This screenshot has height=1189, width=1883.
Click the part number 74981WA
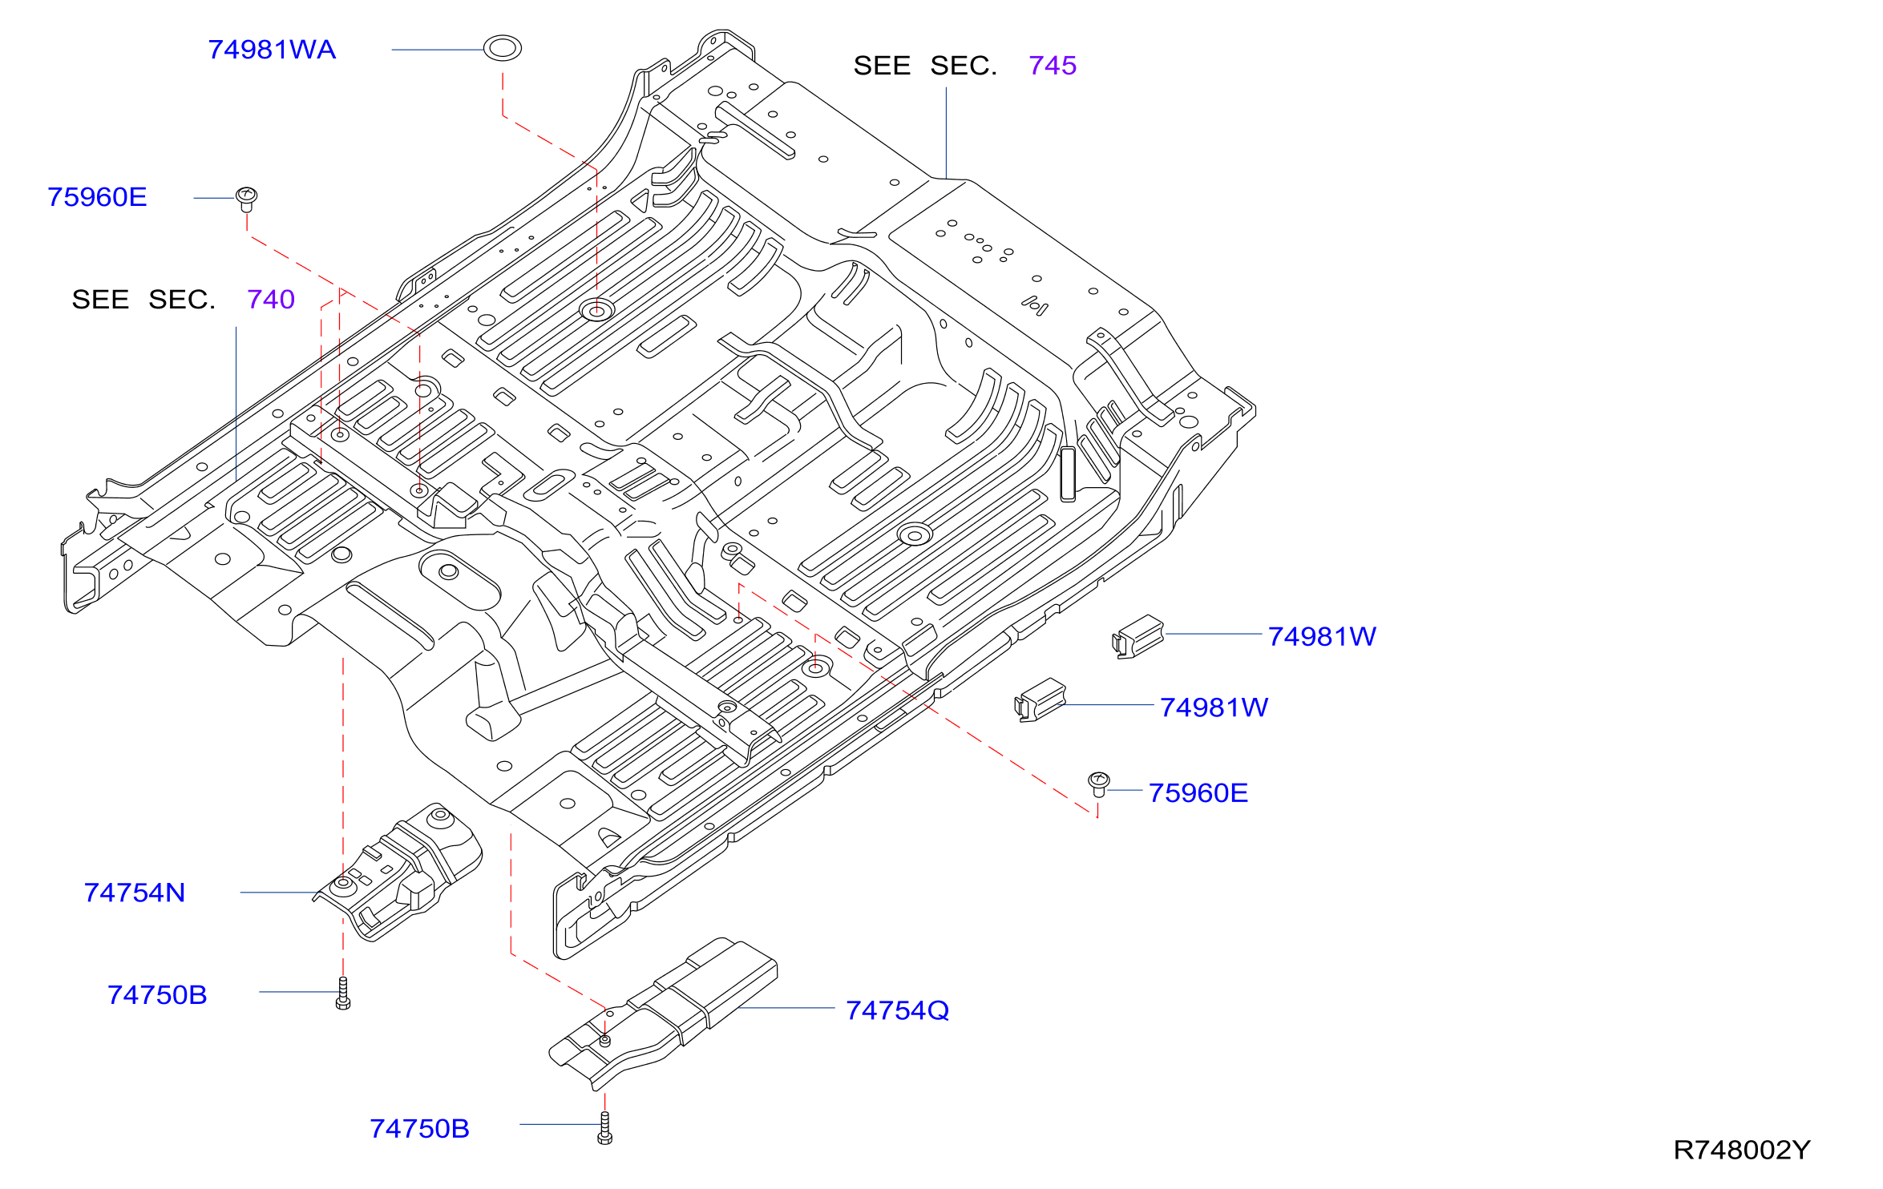coord(272,50)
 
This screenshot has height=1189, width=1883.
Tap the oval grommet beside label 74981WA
coord(503,48)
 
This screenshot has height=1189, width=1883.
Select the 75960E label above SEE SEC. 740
coord(97,197)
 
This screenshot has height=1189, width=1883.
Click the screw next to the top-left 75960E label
coord(246,199)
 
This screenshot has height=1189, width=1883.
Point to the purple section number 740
coord(271,300)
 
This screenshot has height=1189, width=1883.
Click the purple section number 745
coord(1053,66)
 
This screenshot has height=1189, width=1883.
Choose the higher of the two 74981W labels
coord(1322,637)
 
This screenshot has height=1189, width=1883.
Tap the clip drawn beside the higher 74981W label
coord(1138,637)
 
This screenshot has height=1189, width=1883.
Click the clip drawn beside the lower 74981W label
coord(1040,700)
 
